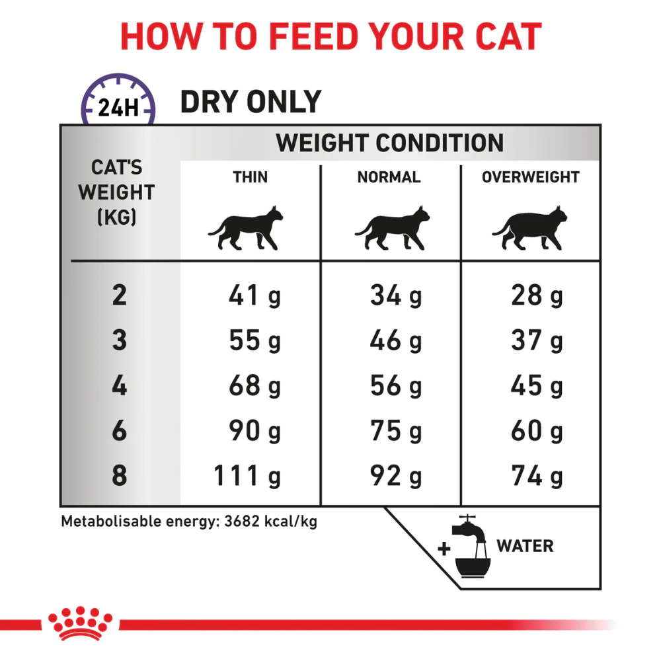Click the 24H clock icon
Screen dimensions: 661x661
(118, 100)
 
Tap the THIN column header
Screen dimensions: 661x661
(251, 177)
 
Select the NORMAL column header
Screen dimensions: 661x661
(389, 177)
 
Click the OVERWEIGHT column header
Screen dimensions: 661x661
(531, 177)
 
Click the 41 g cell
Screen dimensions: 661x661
(254, 295)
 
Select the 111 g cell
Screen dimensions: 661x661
(247, 476)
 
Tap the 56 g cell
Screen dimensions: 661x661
(396, 386)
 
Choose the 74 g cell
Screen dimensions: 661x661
(537, 476)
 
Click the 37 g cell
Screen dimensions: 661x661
(537, 340)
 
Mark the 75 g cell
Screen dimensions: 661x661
(396, 431)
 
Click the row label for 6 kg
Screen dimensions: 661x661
(119, 430)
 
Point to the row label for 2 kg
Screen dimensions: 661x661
(119, 295)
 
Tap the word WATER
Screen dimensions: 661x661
(525, 546)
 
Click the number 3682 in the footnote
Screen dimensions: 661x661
(242, 522)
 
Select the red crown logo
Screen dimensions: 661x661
(80, 624)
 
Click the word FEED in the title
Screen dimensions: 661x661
(313, 36)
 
